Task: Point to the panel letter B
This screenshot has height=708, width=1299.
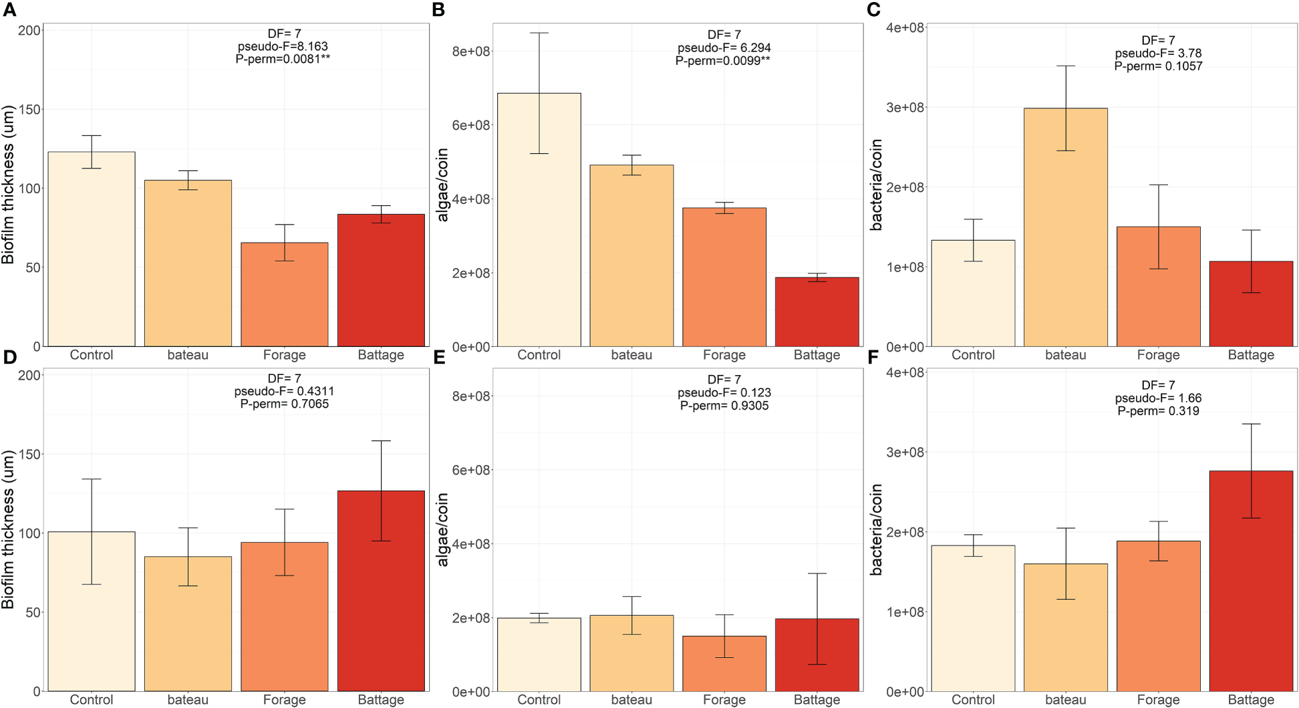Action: click(438, 10)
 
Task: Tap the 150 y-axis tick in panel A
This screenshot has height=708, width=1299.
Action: click(29, 109)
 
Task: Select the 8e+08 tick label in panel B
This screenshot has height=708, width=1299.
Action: click(471, 51)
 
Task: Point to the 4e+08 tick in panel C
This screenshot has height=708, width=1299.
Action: click(905, 27)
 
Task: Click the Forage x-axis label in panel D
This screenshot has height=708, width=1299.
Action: click(284, 700)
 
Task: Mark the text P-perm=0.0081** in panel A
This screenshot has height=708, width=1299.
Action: click(283, 59)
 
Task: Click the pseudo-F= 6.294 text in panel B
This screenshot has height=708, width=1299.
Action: click(724, 47)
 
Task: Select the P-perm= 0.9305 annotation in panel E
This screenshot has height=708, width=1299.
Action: click(724, 406)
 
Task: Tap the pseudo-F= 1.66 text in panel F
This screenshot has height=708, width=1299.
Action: click(1158, 398)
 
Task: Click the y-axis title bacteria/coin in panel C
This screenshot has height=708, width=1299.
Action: click(876, 185)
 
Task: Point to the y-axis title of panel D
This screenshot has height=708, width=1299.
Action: click(8, 529)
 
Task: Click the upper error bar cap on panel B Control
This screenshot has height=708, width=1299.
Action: click(539, 33)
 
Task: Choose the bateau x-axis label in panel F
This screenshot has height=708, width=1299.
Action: click(1065, 700)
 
